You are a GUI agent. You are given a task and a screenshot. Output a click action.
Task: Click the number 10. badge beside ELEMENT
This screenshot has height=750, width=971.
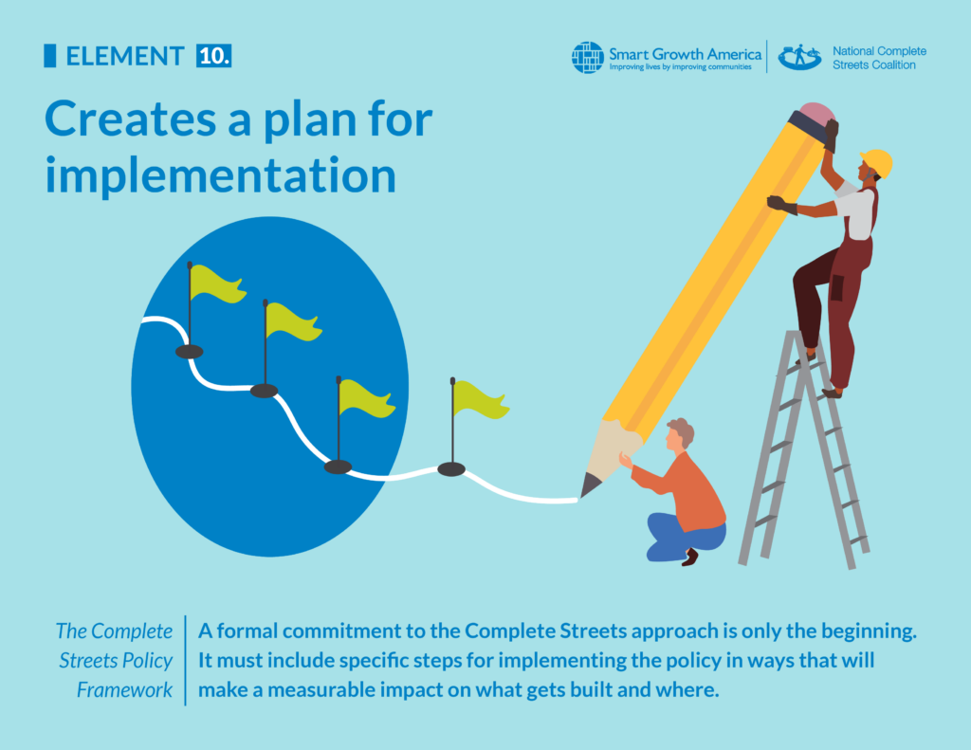click(214, 56)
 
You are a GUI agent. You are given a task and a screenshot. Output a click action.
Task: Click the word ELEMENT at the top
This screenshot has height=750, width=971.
click(124, 57)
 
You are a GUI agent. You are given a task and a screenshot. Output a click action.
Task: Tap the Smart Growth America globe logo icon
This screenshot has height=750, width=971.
click(588, 57)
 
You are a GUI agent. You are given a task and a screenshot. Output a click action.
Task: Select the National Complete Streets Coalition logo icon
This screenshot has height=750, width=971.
click(799, 57)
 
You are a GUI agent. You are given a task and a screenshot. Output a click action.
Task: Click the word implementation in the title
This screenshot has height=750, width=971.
click(220, 175)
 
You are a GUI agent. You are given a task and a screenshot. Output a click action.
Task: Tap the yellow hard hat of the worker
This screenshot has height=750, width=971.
click(878, 161)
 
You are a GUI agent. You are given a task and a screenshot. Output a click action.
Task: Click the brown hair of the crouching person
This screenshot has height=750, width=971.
click(682, 430)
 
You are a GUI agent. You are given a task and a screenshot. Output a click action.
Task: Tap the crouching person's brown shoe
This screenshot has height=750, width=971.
click(689, 557)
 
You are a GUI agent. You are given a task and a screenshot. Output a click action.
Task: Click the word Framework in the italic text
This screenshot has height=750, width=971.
click(125, 689)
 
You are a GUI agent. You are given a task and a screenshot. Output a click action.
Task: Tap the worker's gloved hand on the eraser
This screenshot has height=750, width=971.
click(831, 133)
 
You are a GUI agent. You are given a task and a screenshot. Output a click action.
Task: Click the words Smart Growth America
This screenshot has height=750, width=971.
click(685, 53)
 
